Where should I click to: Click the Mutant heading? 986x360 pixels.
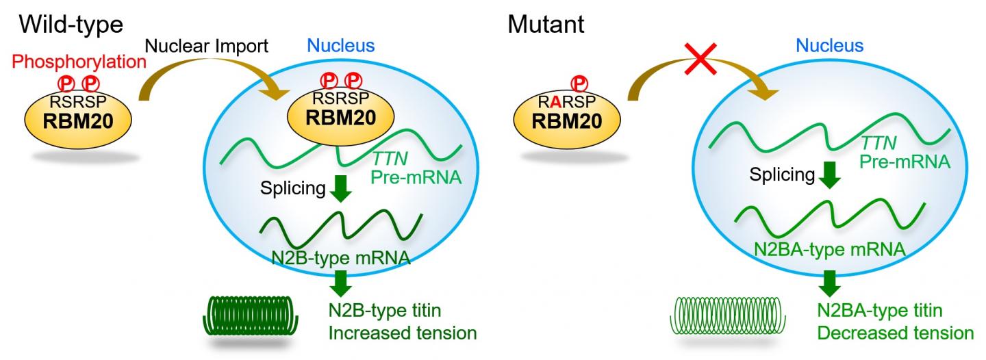click(x=546, y=25)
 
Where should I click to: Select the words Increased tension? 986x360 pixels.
click(x=402, y=333)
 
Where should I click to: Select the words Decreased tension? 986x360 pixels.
click(x=895, y=333)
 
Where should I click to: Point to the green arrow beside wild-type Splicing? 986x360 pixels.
click(x=340, y=188)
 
